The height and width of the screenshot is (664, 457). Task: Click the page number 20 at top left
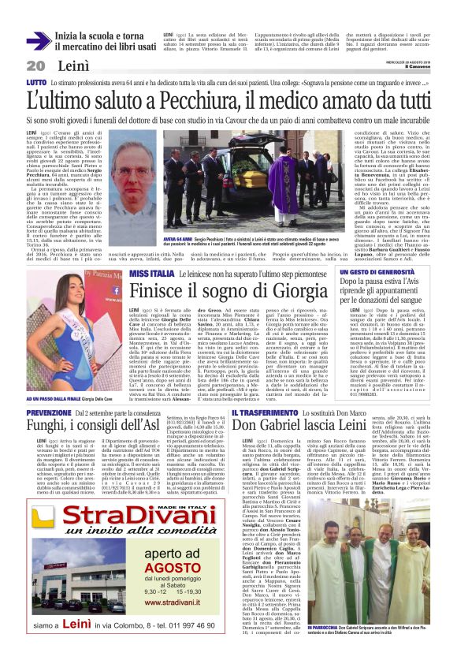[35, 65]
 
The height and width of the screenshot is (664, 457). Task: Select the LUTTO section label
[36, 82]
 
